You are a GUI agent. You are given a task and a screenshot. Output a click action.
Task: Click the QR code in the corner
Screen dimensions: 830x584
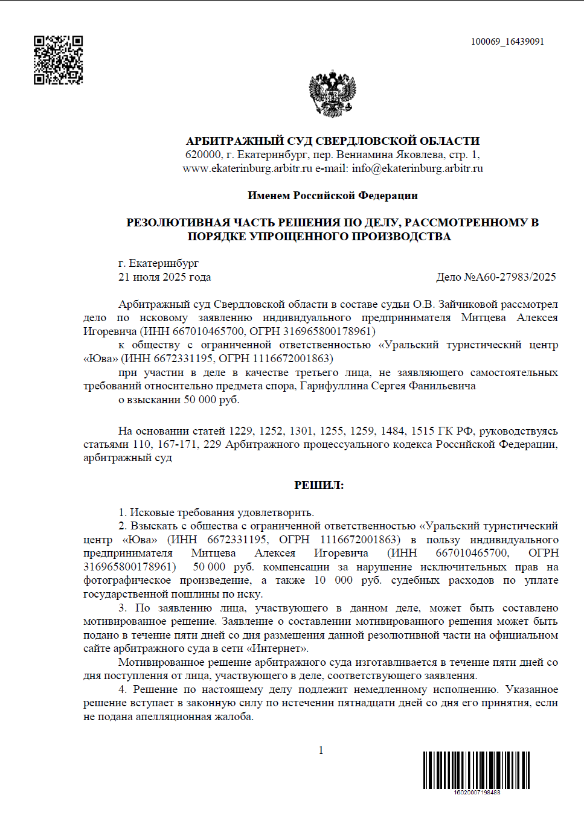pos(58,60)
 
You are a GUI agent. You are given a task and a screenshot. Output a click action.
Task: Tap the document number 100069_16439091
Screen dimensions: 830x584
pos(507,42)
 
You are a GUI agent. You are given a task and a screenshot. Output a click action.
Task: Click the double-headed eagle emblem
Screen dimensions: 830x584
pos(332,94)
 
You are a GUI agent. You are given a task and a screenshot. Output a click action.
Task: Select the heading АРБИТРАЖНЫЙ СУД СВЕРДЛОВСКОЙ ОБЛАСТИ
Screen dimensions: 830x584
pos(332,141)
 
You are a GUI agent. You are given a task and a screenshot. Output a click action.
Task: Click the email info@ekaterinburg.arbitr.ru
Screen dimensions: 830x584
pos(417,168)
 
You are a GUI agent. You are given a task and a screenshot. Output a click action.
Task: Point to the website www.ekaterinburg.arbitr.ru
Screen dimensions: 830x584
pos(247,168)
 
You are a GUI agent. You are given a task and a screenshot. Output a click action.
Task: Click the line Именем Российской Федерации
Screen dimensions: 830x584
pos(332,196)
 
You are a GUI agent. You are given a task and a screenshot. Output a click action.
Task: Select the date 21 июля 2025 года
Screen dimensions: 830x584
pos(164,277)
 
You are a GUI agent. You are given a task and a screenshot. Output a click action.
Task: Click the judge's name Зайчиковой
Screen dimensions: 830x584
pos(468,304)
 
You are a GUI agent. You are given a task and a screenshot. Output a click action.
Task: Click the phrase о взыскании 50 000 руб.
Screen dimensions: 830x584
pos(179,400)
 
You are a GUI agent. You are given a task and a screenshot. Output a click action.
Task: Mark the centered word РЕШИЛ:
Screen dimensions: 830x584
pos(319,485)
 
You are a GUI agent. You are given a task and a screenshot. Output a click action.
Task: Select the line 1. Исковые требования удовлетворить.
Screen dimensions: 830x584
pos(216,512)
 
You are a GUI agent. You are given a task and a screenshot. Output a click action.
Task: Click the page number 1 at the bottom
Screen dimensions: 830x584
pos(321,750)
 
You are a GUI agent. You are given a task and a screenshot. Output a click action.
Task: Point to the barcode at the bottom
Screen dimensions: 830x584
pos(477,770)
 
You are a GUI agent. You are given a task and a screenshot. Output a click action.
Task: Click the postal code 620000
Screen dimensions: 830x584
pos(203,155)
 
